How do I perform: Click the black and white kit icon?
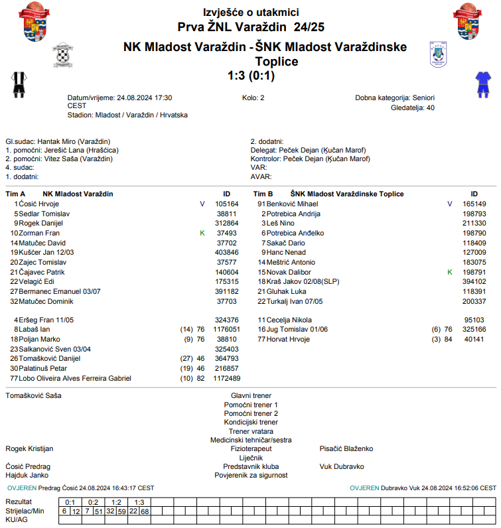18,84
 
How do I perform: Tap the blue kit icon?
482,84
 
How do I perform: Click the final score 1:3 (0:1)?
250,76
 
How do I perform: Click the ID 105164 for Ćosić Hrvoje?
226,204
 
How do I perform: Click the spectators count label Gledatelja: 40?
413,107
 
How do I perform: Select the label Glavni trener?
251,395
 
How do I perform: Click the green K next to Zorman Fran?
202,233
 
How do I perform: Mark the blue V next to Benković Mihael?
449,204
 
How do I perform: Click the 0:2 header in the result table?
93,502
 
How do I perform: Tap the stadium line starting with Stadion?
127,115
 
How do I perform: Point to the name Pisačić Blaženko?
346,449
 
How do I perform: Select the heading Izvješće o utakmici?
250,13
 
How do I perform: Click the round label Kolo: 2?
253,98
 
